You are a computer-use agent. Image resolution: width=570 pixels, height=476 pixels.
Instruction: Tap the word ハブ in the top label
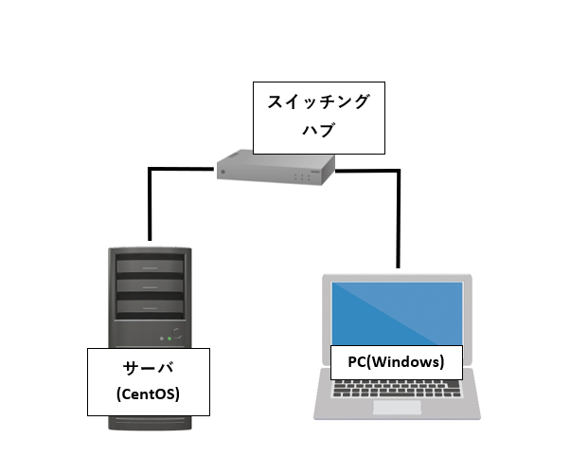tap(319, 130)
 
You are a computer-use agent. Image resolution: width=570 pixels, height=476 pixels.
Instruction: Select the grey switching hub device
tap(275, 169)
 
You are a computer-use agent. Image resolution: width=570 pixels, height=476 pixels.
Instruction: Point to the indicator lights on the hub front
tap(302, 176)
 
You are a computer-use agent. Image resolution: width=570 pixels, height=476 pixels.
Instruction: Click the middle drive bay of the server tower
tap(150, 285)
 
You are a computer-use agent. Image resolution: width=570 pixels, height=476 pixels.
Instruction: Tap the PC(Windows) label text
tap(396, 361)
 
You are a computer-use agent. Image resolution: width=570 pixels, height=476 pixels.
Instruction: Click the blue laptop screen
tap(396, 313)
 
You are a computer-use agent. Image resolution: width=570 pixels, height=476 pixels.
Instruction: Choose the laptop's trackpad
tap(397, 408)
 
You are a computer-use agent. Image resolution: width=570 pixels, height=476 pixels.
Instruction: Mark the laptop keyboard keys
tap(397, 389)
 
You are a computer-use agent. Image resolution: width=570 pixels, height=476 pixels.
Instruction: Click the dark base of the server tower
tap(150, 426)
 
